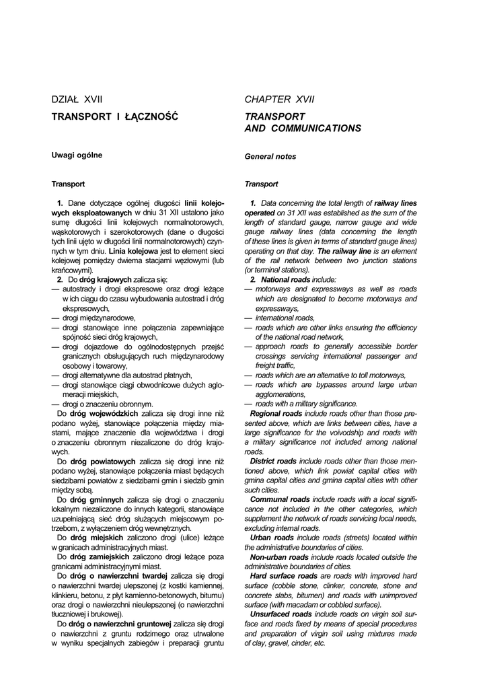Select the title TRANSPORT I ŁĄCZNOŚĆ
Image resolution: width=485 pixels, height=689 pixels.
point(115,116)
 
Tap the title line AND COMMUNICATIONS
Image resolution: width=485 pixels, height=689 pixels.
point(302,128)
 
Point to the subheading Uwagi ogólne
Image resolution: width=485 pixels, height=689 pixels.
point(77,155)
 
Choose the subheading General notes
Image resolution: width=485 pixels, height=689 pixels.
point(270,156)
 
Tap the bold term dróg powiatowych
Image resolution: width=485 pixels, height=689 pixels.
point(106,462)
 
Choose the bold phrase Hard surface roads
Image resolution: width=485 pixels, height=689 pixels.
point(283,576)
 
